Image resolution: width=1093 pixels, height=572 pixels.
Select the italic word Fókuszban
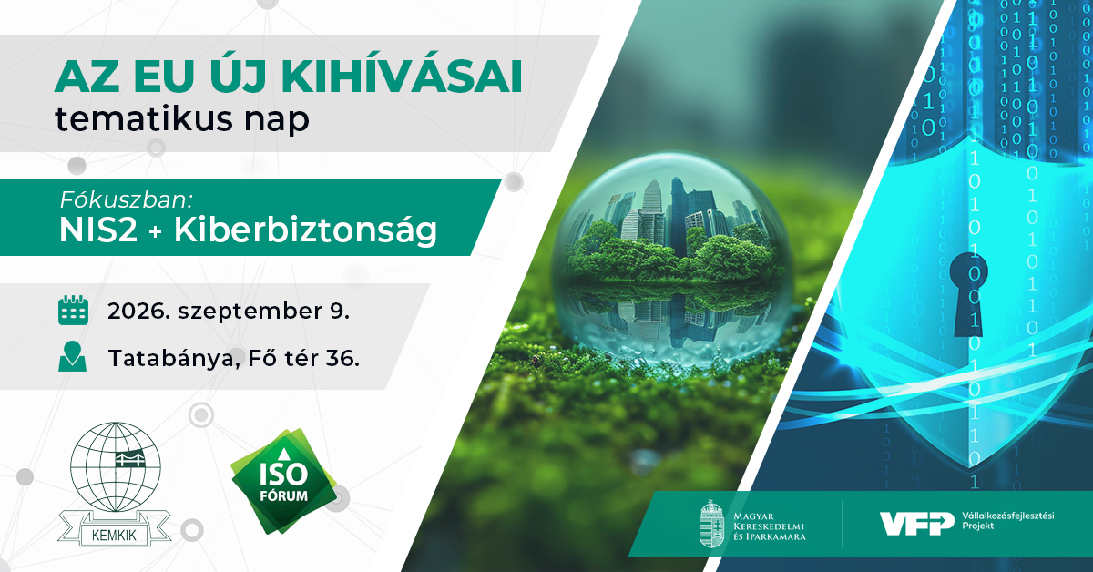[127, 199]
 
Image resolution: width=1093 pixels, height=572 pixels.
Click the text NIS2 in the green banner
[98, 230]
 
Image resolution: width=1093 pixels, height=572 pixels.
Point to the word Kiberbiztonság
[305, 230]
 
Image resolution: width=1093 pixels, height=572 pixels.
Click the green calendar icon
[73, 310]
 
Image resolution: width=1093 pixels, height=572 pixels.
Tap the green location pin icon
[72, 357]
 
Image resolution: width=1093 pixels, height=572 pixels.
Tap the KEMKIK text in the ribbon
[114, 536]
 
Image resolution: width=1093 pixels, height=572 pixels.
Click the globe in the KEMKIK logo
[115, 467]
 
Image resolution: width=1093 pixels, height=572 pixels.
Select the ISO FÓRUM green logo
[284, 481]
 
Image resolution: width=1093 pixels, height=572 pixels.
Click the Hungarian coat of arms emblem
[711, 524]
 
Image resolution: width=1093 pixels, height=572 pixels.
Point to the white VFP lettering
[917, 524]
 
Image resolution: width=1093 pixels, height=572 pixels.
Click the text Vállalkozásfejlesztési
[1008, 516]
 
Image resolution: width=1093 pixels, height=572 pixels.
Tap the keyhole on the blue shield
[968, 294]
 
